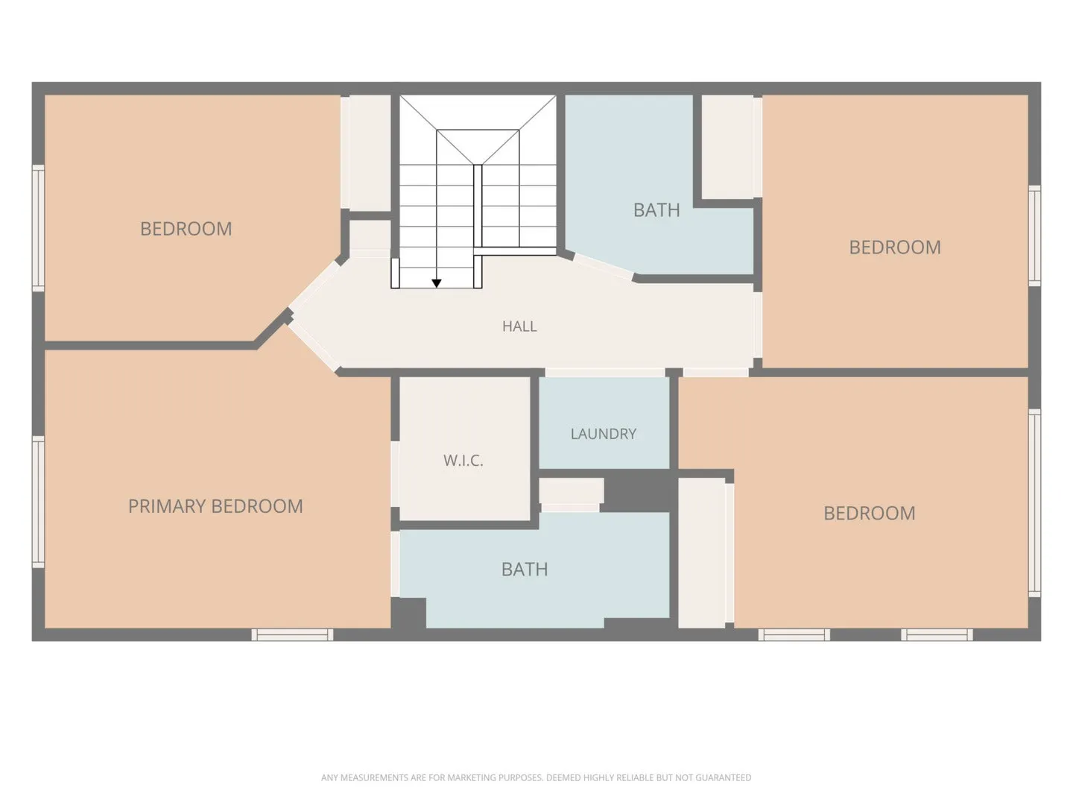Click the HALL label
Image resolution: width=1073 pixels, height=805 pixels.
[519, 326]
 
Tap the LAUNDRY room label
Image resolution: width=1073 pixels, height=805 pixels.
[604, 434]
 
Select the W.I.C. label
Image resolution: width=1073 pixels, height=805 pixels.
[463, 460]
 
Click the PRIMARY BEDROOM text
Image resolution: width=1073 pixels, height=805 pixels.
[215, 506]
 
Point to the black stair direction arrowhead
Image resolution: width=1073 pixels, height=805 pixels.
[437, 283]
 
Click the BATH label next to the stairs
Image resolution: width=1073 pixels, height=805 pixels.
[656, 210]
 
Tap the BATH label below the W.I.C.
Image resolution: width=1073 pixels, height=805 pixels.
[525, 569]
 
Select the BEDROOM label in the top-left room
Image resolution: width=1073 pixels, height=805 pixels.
[186, 229]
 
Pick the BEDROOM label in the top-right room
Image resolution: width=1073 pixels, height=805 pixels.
[895, 247]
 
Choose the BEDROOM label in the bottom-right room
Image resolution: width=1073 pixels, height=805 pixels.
[869, 514]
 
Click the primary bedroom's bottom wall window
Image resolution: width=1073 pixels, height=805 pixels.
[292, 634]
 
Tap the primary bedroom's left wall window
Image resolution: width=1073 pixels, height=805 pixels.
[38, 502]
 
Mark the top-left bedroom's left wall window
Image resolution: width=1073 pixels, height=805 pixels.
[38, 228]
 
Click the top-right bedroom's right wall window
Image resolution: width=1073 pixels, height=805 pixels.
[1034, 236]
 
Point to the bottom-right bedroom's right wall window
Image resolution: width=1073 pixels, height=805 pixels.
[1034, 503]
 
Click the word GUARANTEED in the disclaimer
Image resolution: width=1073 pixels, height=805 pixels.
[724, 777]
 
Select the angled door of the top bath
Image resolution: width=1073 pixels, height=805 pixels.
[604, 267]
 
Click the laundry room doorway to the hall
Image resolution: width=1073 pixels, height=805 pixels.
[605, 373]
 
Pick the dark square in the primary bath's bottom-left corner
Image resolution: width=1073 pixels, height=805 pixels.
[408, 613]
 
